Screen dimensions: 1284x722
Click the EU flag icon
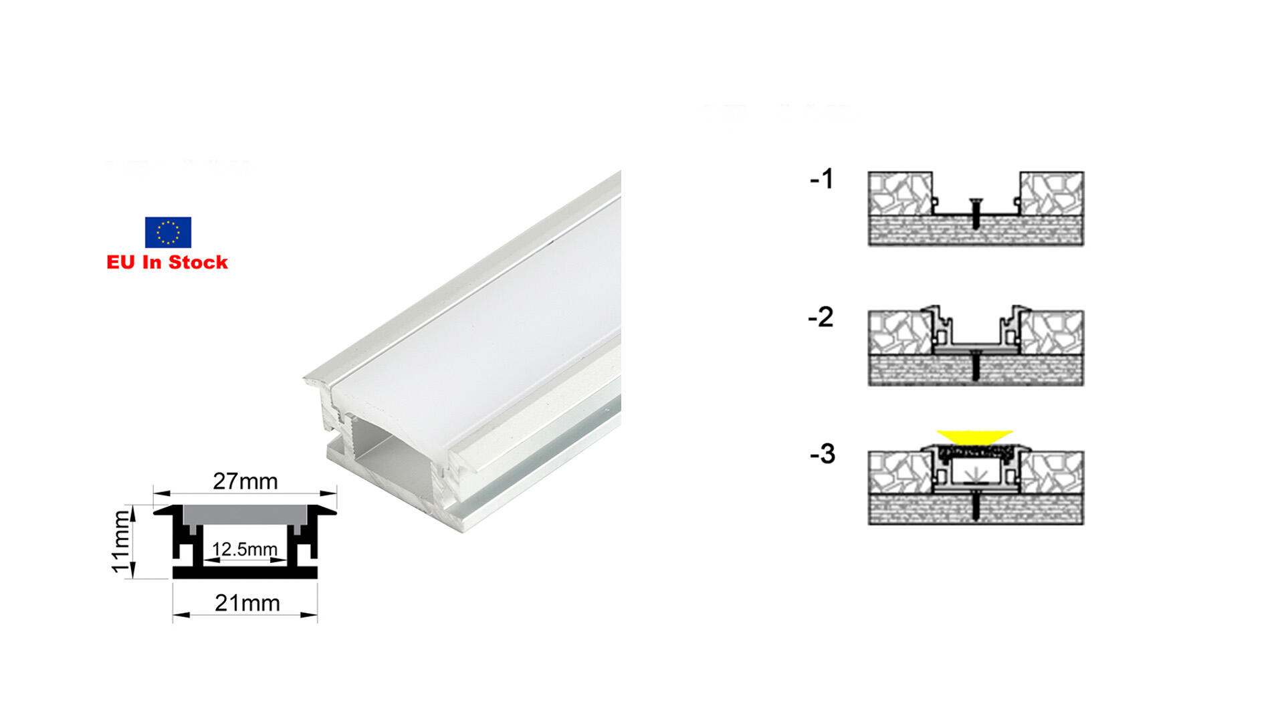point(168,232)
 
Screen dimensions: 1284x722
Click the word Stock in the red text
point(199,262)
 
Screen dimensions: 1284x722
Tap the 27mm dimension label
point(245,481)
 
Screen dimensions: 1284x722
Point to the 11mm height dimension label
point(120,541)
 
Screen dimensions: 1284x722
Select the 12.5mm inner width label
point(245,549)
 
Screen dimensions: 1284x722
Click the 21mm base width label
point(247,603)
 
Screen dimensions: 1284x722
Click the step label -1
point(822,179)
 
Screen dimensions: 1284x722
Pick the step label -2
point(821,317)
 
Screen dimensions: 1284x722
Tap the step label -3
point(823,454)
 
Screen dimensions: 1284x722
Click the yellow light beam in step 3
point(975,437)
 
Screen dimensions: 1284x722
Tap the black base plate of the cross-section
point(245,573)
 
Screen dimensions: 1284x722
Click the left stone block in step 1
point(900,194)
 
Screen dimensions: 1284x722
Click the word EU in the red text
point(121,262)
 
